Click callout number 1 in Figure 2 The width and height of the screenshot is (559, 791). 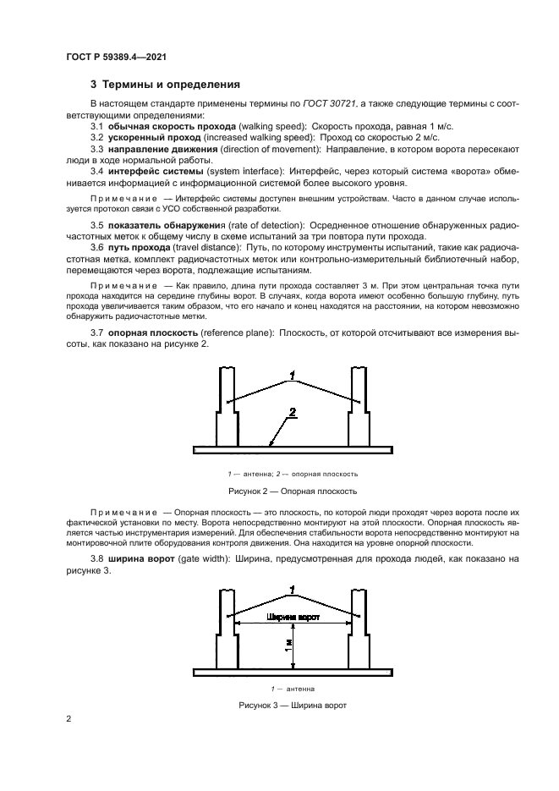292,374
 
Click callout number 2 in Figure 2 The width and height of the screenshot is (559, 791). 292,413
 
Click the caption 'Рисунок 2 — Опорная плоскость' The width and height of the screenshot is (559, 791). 293,491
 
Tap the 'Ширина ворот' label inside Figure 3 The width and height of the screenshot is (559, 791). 292,618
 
